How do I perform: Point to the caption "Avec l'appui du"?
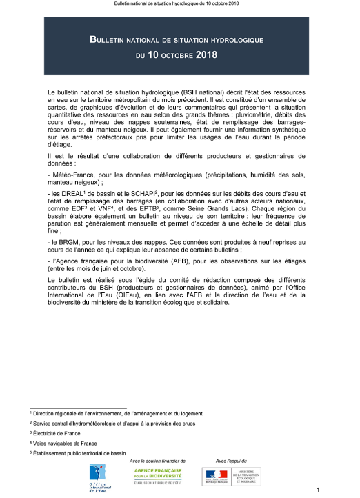click(231, 460)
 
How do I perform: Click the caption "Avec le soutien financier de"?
click(159, 460)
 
